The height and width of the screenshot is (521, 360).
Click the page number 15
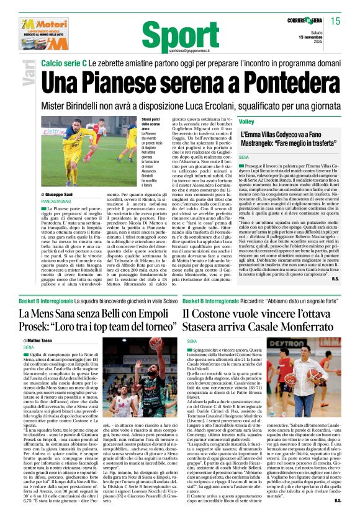pyautogui.click(x=335, y=22)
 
